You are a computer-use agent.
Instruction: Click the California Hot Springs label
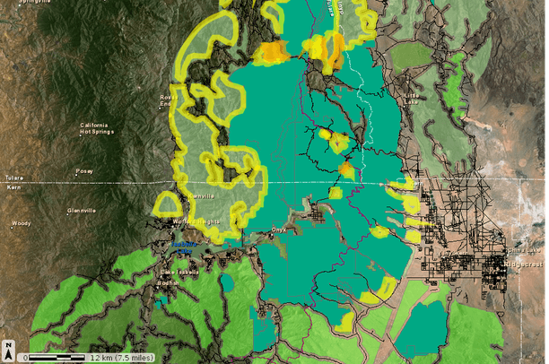pyautogui.click(x=100, y=128)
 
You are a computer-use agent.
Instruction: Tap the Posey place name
pyautogui.click(x=84, y=170)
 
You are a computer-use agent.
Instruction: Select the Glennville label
pyautogui.click(x=81, y=211)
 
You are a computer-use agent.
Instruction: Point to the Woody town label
pyautogui.click(x=21, y=223)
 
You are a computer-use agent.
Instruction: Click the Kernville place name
pyautogui.click(x=199, y=196)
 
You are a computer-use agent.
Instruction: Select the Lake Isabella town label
pyautogui.click(x=178, y=272)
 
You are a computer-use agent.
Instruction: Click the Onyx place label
pyautogui.click(x=278, y=230)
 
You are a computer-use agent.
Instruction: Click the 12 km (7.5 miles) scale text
pyautogui.click(x=119, y=357)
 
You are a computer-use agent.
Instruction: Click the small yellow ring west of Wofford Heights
pyautogui.click(x=167, y=204)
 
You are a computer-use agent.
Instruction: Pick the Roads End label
pyautogui.click(x=167, y=100)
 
